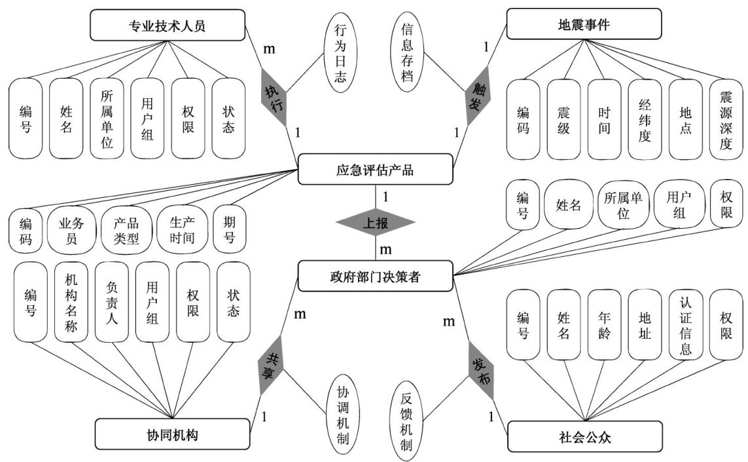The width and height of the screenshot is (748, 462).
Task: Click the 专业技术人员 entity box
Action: click(168, 26)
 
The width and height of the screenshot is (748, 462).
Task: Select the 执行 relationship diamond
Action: click(274, 96)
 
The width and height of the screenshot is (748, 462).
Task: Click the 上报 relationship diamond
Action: click(375, 223)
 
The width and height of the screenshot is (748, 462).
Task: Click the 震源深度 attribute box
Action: click(725, 119)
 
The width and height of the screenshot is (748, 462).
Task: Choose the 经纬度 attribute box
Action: click(644, 119)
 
